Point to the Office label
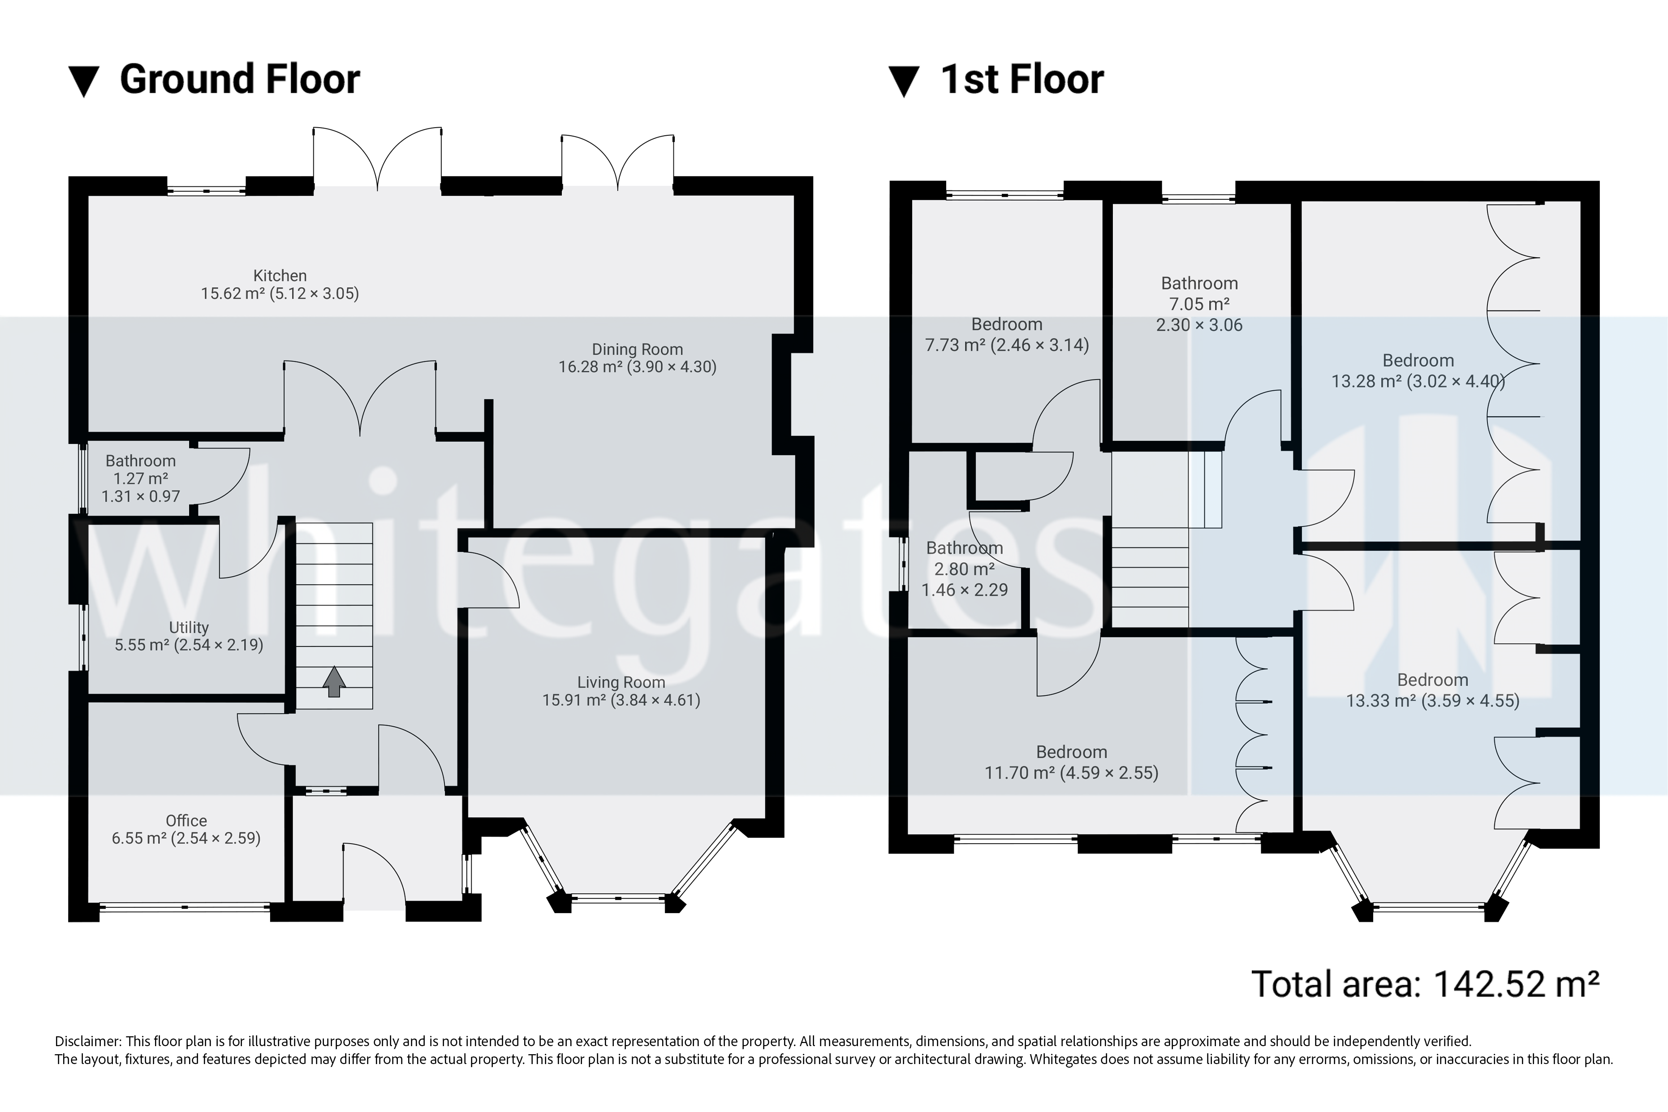click(x=186, y=820)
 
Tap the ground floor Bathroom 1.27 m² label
click(x=140, y=478)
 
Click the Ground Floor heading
click(x=240, y=79)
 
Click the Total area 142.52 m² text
click(x=1426, y=984)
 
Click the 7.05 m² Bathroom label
click(x=1199, y=303)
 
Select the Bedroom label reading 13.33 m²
click(x=1432, y=690)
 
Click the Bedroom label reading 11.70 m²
click(x=1071, y=763)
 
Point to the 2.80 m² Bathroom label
click(x=965, y=569)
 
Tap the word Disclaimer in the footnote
click(x=86, y=1041)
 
